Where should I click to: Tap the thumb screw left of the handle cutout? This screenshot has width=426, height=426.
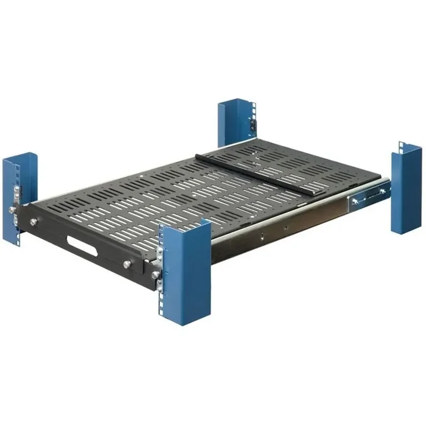[x=32, y=222]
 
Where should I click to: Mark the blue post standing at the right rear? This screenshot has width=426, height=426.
[x=406, y=189]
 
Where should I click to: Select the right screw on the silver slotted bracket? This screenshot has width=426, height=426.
[x=382, y=192]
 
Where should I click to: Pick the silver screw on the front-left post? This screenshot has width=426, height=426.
[x=12, y=210]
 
